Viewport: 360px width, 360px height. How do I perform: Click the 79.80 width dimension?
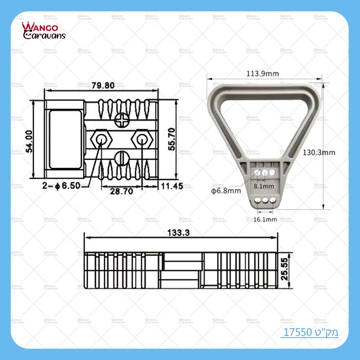tap(103, 85)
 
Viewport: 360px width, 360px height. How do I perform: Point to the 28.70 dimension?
tap(121, 191)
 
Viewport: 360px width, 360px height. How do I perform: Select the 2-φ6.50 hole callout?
tap(62, 185)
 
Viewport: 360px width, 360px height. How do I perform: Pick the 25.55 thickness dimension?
tap(285, 270)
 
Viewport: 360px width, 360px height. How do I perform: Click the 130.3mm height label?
tap(319, 153)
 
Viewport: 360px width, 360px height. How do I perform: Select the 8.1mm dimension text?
tap(264, 185)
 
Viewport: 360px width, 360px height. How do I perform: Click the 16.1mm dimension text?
tap(265, 219)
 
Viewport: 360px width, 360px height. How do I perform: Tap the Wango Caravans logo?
tap(44, 31)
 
